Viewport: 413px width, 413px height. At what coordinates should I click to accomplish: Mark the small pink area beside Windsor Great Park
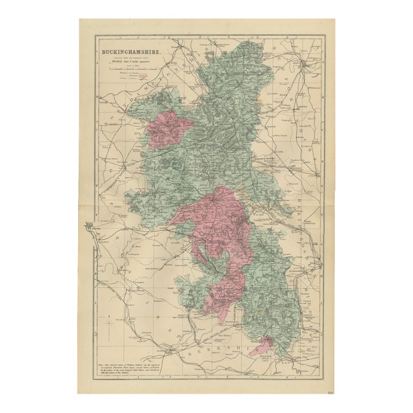[261, 345]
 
